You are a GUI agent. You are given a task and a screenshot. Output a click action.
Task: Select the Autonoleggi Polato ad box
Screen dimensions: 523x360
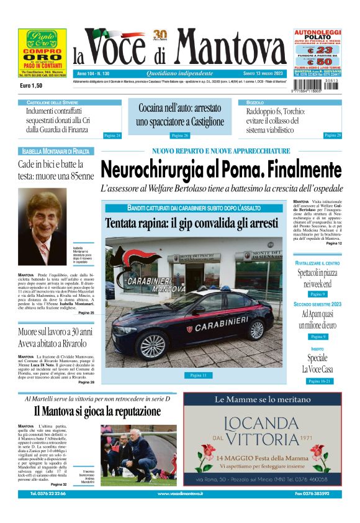(x=317, y=52)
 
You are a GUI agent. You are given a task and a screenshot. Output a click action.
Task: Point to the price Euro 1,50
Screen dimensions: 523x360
(x=30, y=85)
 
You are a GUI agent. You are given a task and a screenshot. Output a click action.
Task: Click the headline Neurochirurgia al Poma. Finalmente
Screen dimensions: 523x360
(x=221, y=169)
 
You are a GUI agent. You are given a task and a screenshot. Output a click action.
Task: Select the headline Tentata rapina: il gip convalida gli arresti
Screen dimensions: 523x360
(x=191, y=223)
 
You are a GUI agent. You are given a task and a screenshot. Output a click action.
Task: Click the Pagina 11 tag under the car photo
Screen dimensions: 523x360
(x=197, y=375)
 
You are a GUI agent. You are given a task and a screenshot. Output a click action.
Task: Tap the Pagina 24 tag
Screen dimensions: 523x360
(x=112, y=135)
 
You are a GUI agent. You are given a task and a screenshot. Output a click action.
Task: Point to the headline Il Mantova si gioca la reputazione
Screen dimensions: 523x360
(x=97, y=411)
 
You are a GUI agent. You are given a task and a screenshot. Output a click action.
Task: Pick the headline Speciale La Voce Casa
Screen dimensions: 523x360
(x=317, y=363)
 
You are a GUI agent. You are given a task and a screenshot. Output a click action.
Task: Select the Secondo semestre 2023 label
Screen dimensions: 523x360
(x=317, y=304)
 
